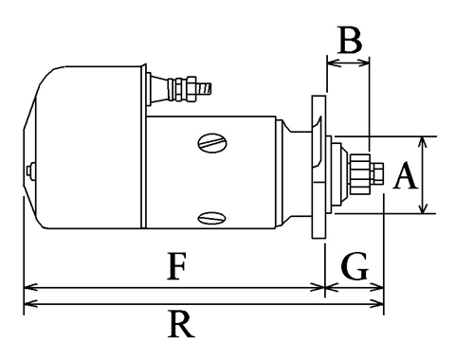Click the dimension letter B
(350, 41)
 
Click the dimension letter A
(406, 175)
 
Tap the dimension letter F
(176, 266)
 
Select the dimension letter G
(355, 266)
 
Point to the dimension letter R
(181, 324)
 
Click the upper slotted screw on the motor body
(212, 143)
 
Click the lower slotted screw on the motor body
(212, 218)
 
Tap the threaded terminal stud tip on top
(204, 88)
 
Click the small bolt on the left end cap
(30, 171)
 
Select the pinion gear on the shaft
(360, 173)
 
